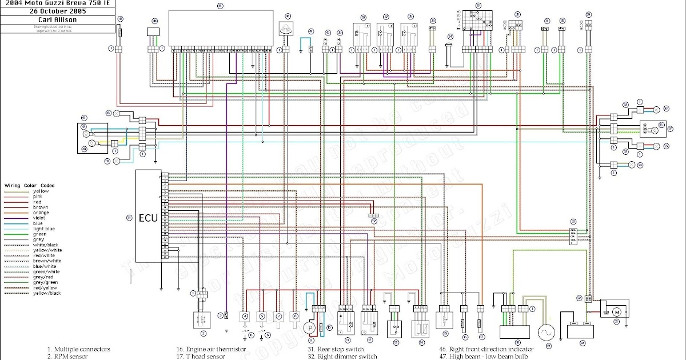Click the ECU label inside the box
(148, 218)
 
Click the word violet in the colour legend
(41, 218)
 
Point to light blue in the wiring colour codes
(43, 229)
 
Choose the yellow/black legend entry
(47, 293)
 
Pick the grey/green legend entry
(46, 282)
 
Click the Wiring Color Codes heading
(30, 186)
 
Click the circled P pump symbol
(309, 328)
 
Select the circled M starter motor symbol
(616, 312)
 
